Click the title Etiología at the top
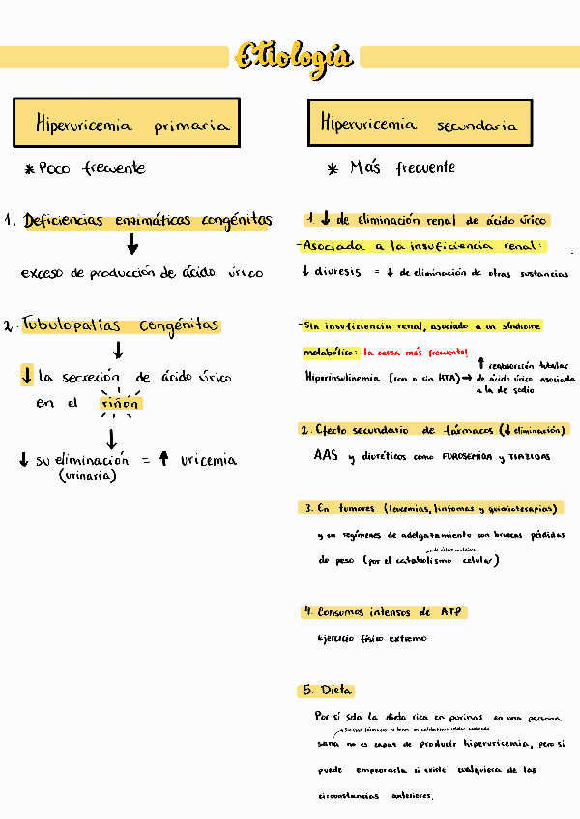(x=292, y=57)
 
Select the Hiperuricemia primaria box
(x=127, y=125)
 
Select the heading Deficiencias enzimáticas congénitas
(x=147, y=221)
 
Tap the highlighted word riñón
(x=120, y=403)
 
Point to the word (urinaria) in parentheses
(x=88, y=476)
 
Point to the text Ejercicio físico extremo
(x=371, y=638)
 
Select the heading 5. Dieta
(x=327, y=691)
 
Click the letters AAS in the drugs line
(x=326, y=455)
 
